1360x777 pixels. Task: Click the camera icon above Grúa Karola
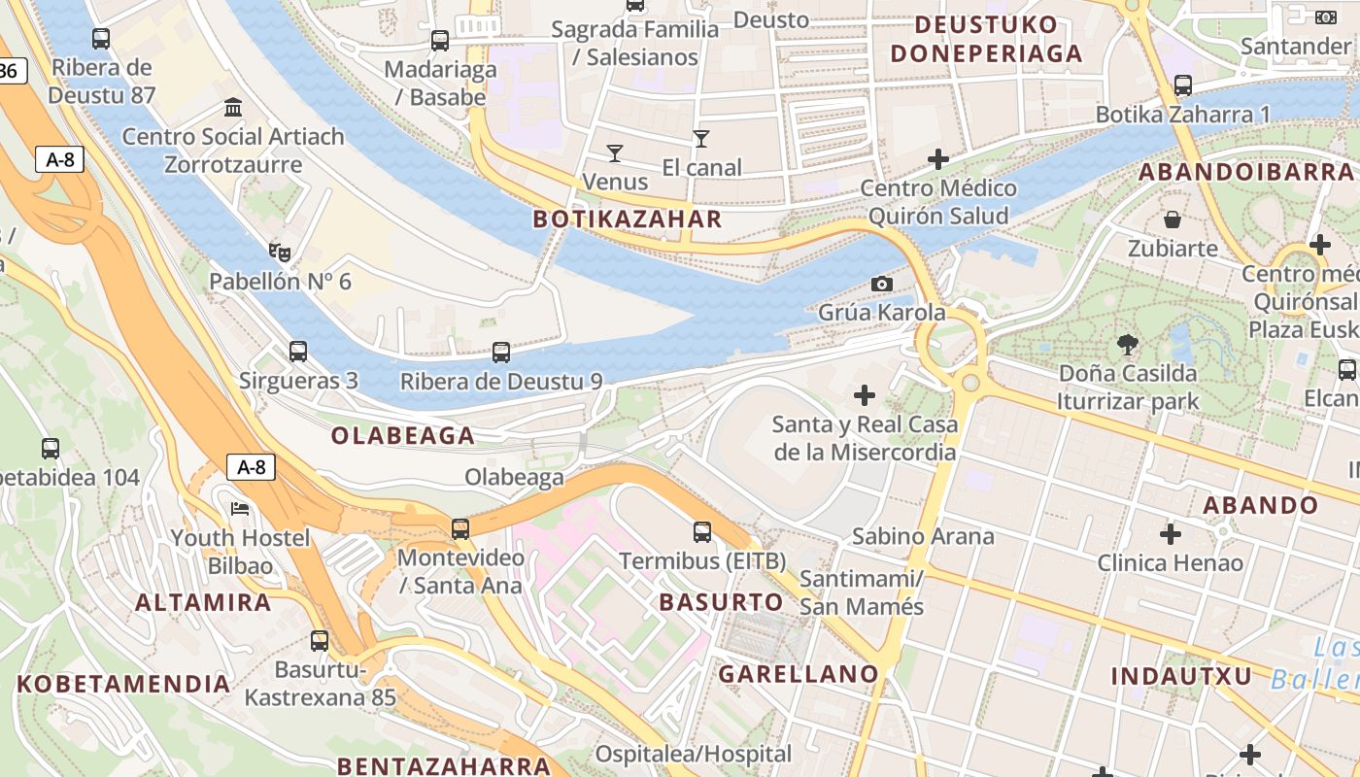[881, 284]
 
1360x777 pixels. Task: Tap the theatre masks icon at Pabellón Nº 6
[280, 253]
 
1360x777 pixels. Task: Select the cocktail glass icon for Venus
[614, 152]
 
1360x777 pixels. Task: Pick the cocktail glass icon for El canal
[701, 139]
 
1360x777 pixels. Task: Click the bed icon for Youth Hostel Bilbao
[240, 508]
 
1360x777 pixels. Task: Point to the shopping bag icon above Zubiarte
[1173, 220]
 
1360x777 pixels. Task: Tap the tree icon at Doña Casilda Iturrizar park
[1128, 343]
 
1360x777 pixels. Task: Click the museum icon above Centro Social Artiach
[233, 107]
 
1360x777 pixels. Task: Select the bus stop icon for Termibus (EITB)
[702, 531]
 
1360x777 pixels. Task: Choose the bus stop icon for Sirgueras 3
[298, 351]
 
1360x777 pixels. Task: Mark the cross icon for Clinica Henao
[1171, 533]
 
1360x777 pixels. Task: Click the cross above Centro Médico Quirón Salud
[938, 158]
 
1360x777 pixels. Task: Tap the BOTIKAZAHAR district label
[628, 220]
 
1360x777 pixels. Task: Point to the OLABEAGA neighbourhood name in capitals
[403, 436]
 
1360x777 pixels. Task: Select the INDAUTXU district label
[1181, 676]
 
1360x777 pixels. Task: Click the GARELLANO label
[799, 673]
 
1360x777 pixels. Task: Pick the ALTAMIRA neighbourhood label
[203, 602]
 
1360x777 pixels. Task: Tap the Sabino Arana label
[923, 536]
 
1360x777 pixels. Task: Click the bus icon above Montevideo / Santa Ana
[460, 529]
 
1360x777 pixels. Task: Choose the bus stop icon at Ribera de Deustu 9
[501, 352]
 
